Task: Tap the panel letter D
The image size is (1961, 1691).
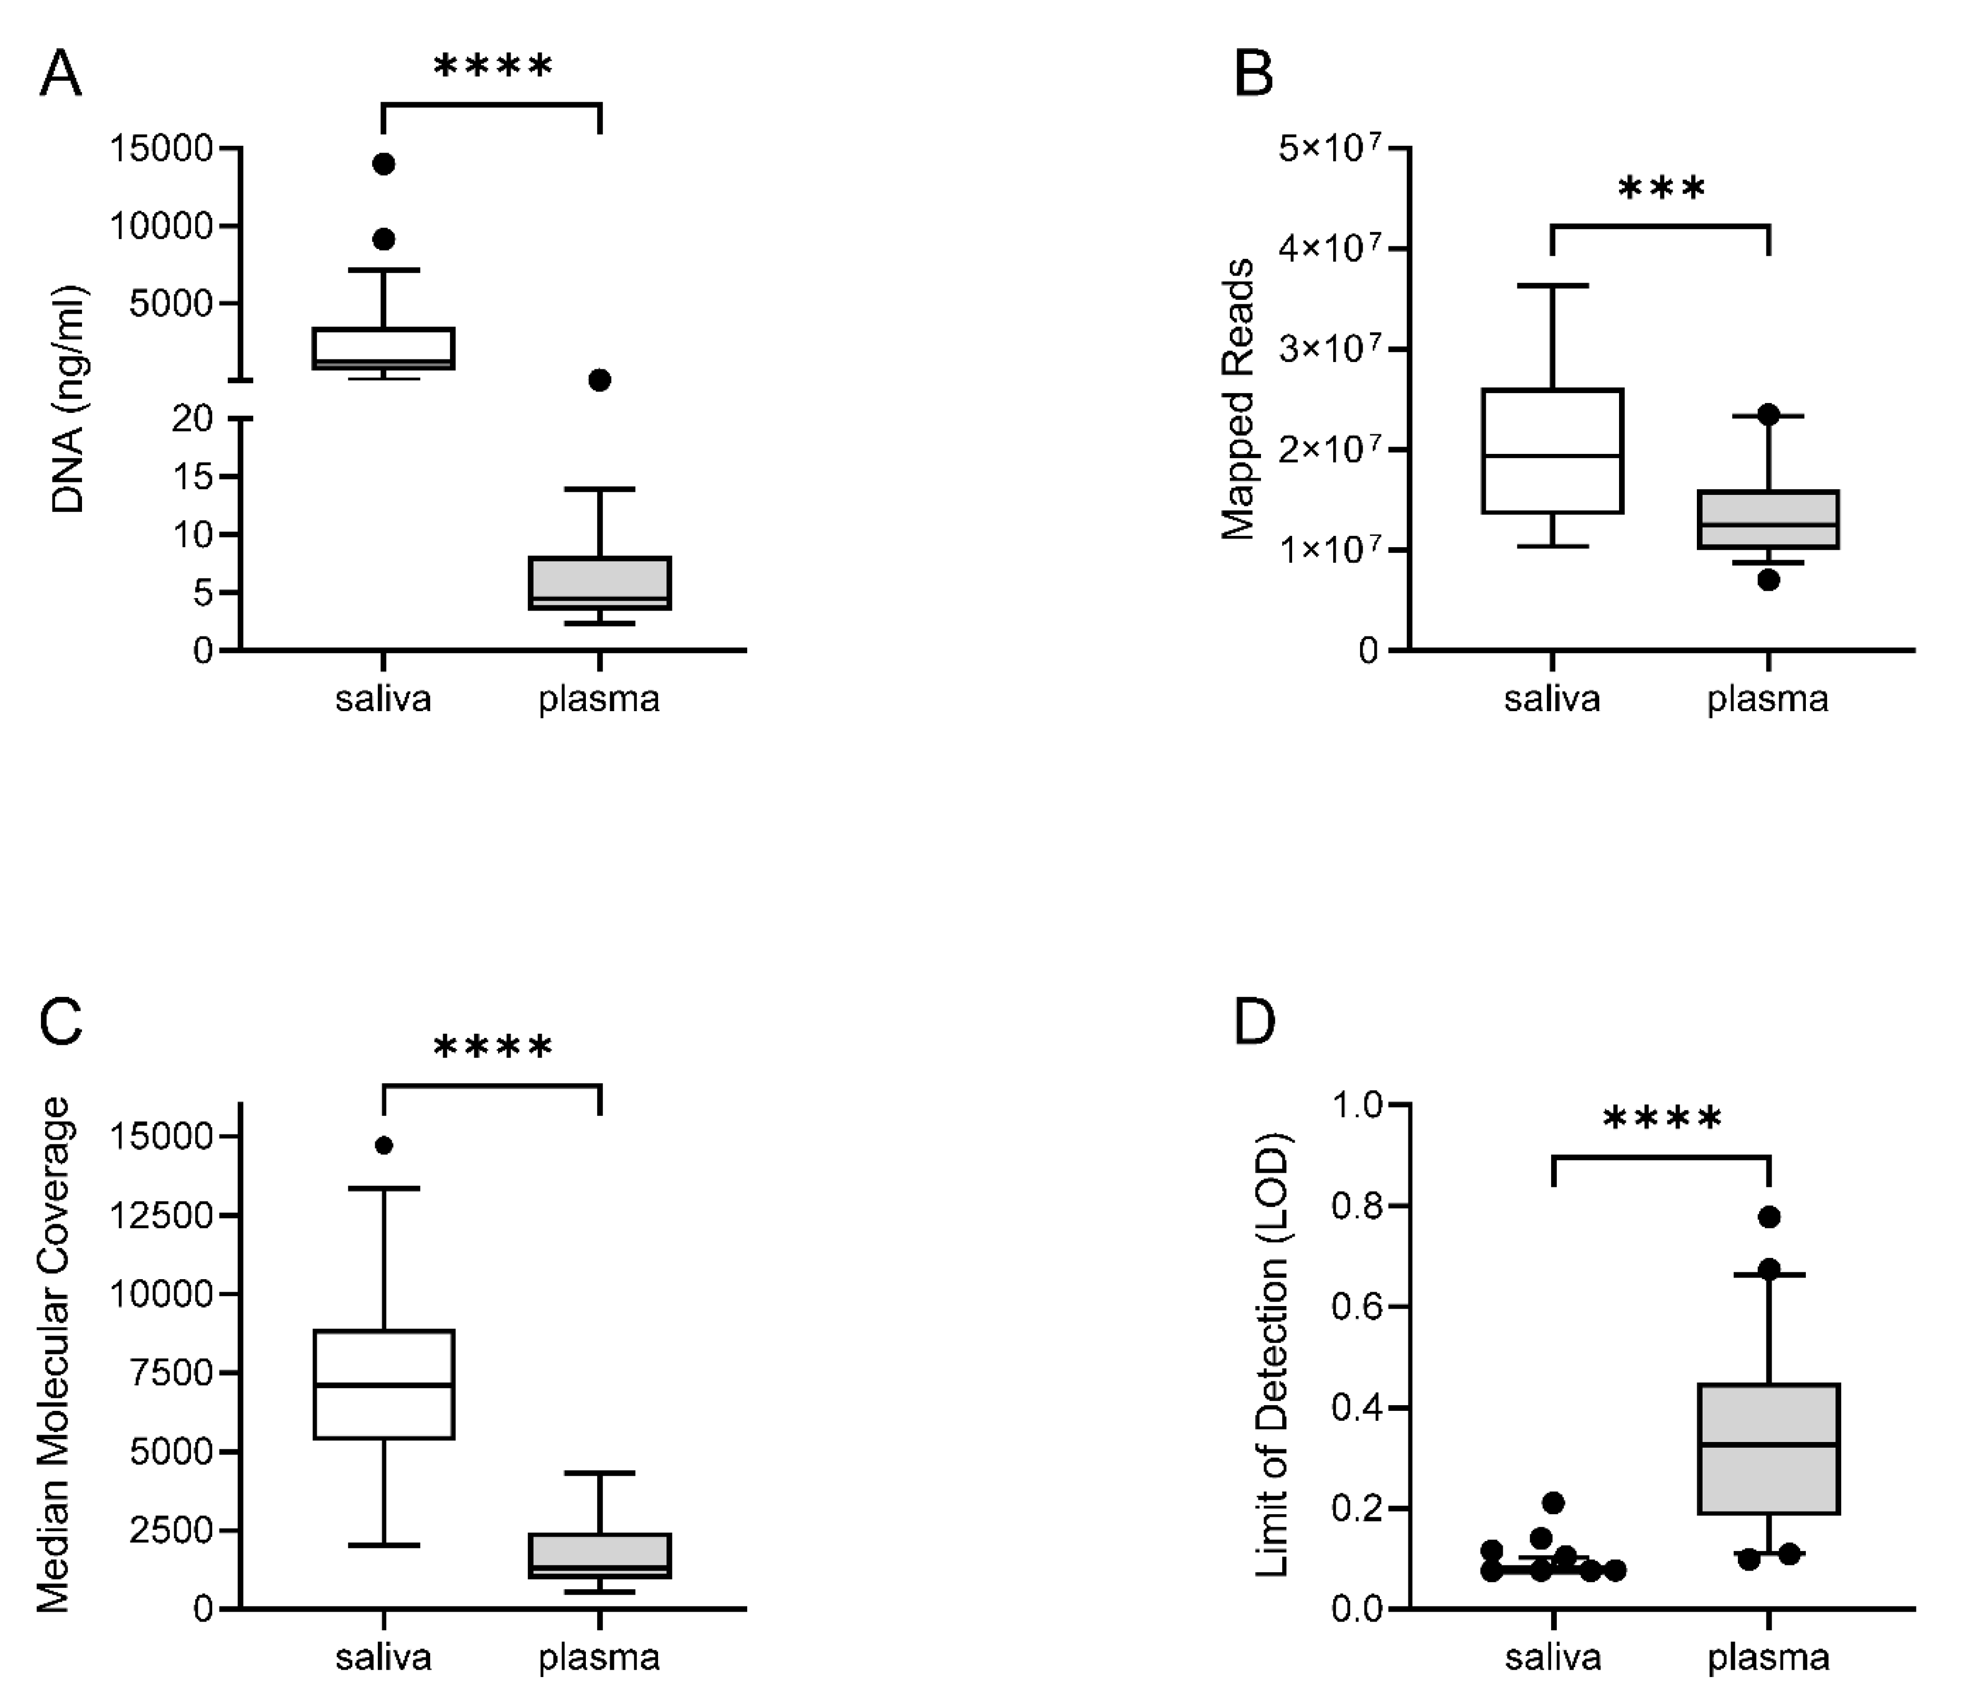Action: pyautogui.click(x=1255, y=1022)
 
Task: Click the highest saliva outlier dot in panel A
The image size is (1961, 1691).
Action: pyautogui.click(x=383, y=164)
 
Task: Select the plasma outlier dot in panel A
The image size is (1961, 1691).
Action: pyautogui.click(x=599, y=380)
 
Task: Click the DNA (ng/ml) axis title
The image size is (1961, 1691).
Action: pyautogui.click(x=68, y=397)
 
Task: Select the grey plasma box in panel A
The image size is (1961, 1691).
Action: pyautogui.click(x=599, y=583)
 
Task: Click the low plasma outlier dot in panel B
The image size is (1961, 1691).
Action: pyautogui.click(x=1768, y=580)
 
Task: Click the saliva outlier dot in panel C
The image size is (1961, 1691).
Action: pyautogui.click(x=383, y=1145)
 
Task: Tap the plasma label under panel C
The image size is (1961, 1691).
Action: pyautogui.click(x=599, y=1657)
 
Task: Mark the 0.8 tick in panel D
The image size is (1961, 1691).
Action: pyautogui.click(x=1356, y=1207)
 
